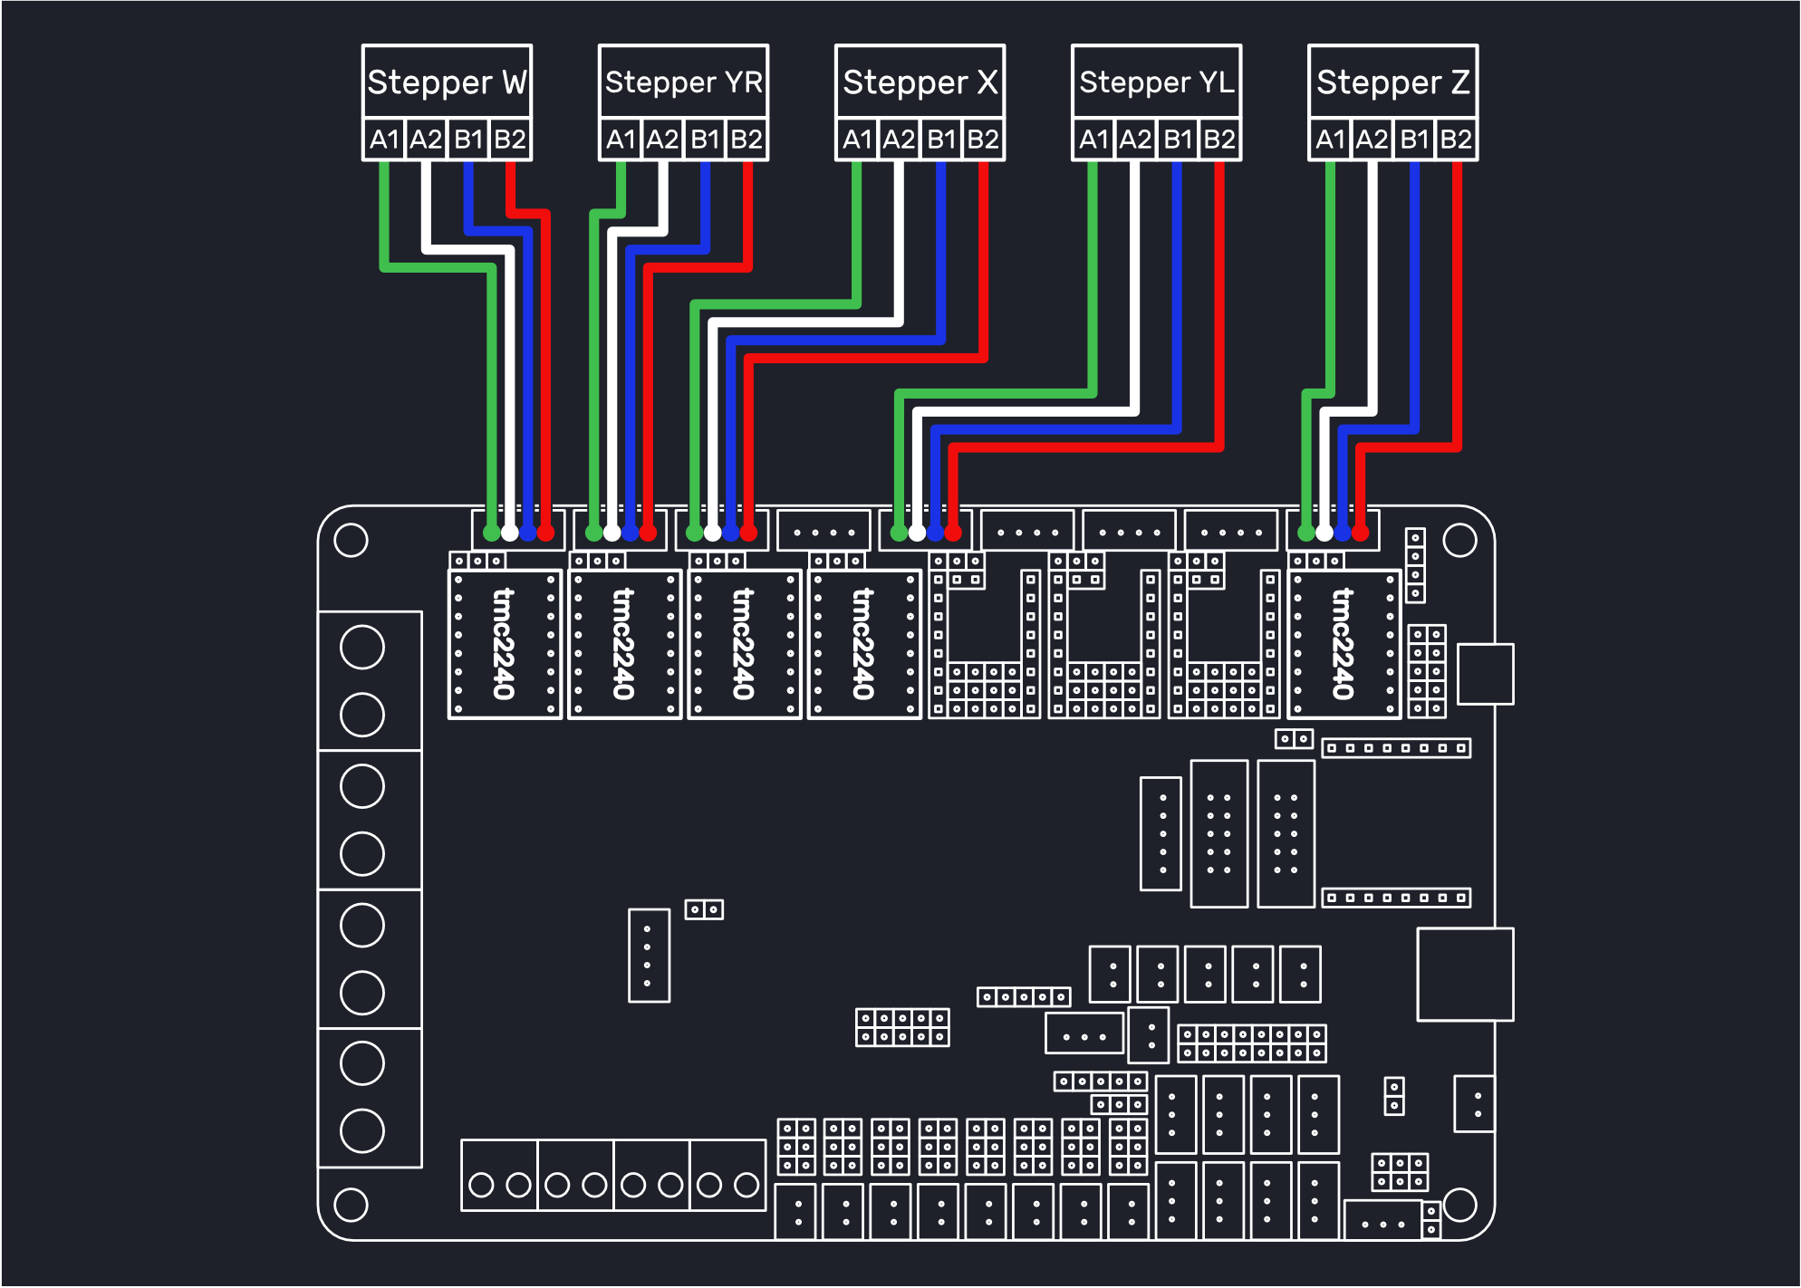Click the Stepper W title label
click(447, 82)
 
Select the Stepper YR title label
click(684, 82)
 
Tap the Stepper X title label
click(920, 82)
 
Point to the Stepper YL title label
click(1157, 82)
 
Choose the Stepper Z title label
click(1393, 82)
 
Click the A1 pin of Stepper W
click(384, 139)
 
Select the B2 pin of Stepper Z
click(1456, 139)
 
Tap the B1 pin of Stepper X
click(941, 139)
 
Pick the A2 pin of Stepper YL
click(1135, 139)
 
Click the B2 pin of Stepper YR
click(746, 139)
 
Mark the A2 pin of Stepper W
click(426, 139)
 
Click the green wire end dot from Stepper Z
click(1306, 533)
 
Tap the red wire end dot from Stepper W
click(545, 533)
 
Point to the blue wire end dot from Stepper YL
click(935, 533)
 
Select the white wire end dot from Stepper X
click(713, 533)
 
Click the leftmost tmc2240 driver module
click(505, 644)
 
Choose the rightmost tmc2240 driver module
click(1344, 644)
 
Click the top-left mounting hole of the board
click(351, 541)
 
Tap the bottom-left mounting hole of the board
click(351, 1205)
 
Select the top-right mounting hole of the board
click(1459, 541)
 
